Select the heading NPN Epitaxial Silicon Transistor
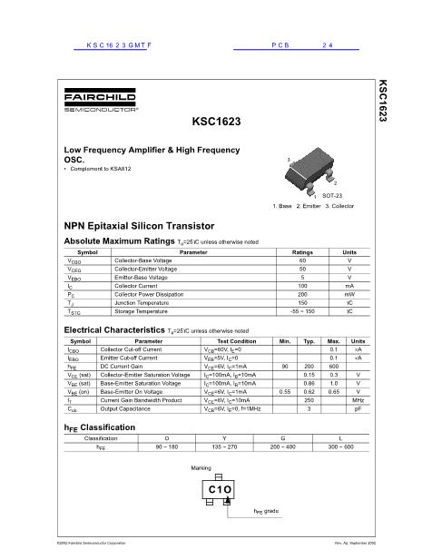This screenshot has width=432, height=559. pos(138,224)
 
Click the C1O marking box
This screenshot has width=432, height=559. pos(218,489)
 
